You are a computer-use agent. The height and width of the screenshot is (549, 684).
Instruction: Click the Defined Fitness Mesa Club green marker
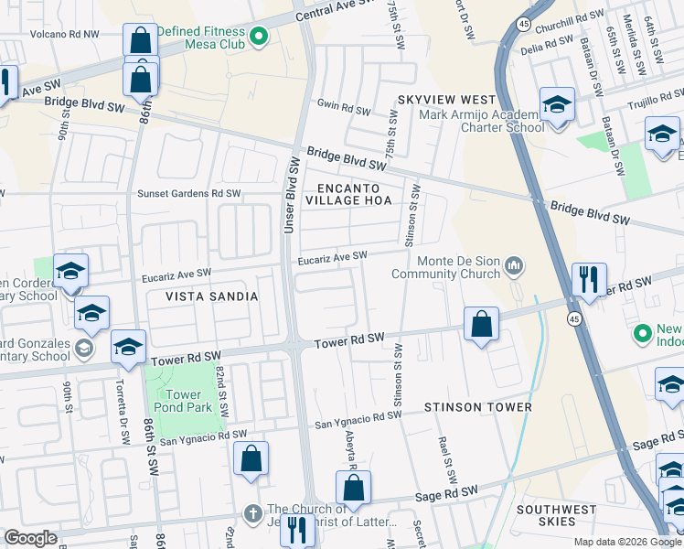click(258, 37)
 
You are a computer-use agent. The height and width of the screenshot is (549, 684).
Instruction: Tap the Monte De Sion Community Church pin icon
click(514, 266)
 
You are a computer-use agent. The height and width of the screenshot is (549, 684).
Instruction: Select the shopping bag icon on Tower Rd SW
click(481, 325)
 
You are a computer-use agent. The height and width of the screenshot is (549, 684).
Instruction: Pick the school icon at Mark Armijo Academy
click(556, 105)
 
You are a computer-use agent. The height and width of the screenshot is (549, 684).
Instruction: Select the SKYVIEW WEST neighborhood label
click(446, 99)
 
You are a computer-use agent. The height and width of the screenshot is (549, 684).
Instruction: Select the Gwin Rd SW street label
click(343, 110)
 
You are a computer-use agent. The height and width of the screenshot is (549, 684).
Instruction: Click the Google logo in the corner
click(30, 538)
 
